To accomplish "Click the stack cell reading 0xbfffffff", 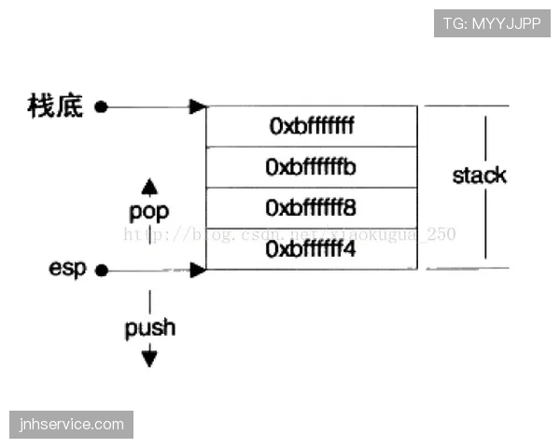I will pyautogui.click(x=312, y=126).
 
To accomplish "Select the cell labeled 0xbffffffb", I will pyautogui.click(x=312, y=167).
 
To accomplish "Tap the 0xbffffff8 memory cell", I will pyautogui.click(x=312, y=207).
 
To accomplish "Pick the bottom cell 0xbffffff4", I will pyautogui.click(x=312, y=249).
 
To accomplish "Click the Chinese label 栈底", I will pyautogui.click(x=55, y=106).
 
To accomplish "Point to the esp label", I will pyautogui.click(x=67, y=270).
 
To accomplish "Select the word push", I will pyautogui.click(x=149, y=328).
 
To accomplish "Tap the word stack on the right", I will pyautogui.click(x=479, y=175).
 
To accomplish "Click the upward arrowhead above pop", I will pyautogui.click(x=149, y=185).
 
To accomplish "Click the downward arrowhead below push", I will pyautogui.click(x=149, y=357).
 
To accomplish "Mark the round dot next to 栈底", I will pyautogui.click(x=101, y=106).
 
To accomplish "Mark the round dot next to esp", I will pyautogui.click(x=101, y=271).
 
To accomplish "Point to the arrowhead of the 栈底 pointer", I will pyautogui.click(x=197, y=106).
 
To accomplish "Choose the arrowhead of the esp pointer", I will pyautogui.click(x=197, y=271).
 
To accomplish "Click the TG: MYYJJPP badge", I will pyautogui.click(x=492, y=23).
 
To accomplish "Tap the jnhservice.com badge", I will pyautogui.click(x=71, y=425).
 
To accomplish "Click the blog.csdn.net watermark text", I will pyautogui.click(x=289, y=234).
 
